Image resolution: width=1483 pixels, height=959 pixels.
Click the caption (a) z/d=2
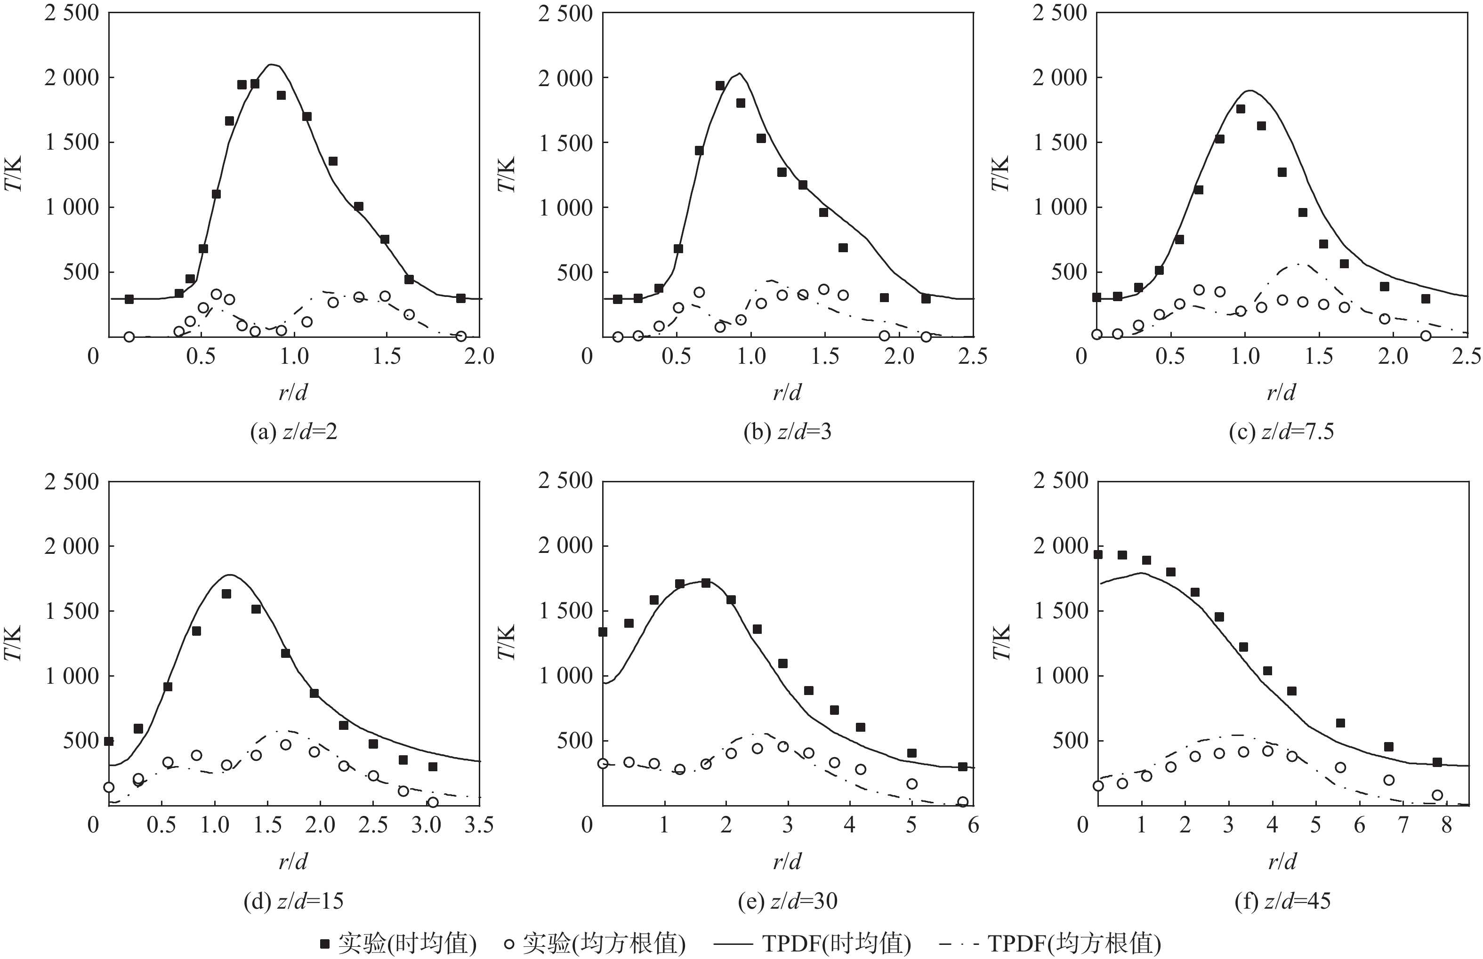point(293,432)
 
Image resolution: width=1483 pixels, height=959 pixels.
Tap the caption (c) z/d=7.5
point(1281,432)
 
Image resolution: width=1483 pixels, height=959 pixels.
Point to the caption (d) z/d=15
point(293,901)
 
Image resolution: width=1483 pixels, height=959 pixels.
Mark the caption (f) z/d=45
point(1282,901)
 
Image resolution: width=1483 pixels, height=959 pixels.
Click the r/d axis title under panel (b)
point(787,392)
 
